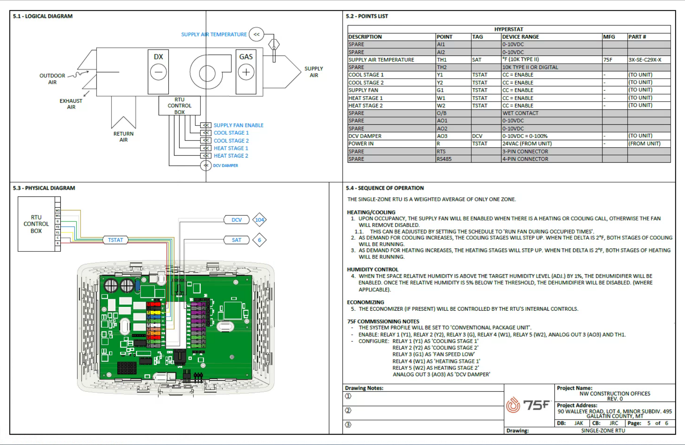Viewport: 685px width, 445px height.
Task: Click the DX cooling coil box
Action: [x=158, y=72]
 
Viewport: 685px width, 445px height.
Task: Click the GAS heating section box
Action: [x=246, y=72]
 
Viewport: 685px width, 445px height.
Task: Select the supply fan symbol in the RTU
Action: [x=207, y=73]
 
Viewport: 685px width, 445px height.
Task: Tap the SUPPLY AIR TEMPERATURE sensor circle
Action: [x=256, y=34]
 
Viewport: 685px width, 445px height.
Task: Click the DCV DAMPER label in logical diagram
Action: [x=225, y=166]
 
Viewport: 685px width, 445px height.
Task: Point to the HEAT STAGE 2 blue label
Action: [x=231, y=156]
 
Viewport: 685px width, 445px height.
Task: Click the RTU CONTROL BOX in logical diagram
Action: [x=180, y=106]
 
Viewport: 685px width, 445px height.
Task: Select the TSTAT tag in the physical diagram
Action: [x=115, y=240]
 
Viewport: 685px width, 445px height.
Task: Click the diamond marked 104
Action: [x=259, y=220]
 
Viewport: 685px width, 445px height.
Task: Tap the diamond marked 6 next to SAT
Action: [x=259, y=240]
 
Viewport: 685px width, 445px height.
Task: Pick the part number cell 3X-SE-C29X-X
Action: [x=645, y=60]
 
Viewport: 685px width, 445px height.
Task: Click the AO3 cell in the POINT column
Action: [x=442, y=136]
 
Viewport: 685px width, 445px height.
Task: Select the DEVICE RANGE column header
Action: [x=520, y=37]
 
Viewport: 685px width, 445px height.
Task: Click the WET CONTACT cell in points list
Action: [x=520, y=113]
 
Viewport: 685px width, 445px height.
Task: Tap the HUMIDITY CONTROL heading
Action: [x=372, y=269]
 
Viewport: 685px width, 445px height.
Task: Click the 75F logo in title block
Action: [x=528, y=405]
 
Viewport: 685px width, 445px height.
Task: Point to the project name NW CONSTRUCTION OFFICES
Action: [x=614, y=393]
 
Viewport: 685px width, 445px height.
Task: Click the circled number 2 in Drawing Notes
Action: [x=348, y=410]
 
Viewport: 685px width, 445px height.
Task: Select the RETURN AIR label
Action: [x=123, y=137]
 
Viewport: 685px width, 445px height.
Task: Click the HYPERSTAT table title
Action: [x=508, y=29]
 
